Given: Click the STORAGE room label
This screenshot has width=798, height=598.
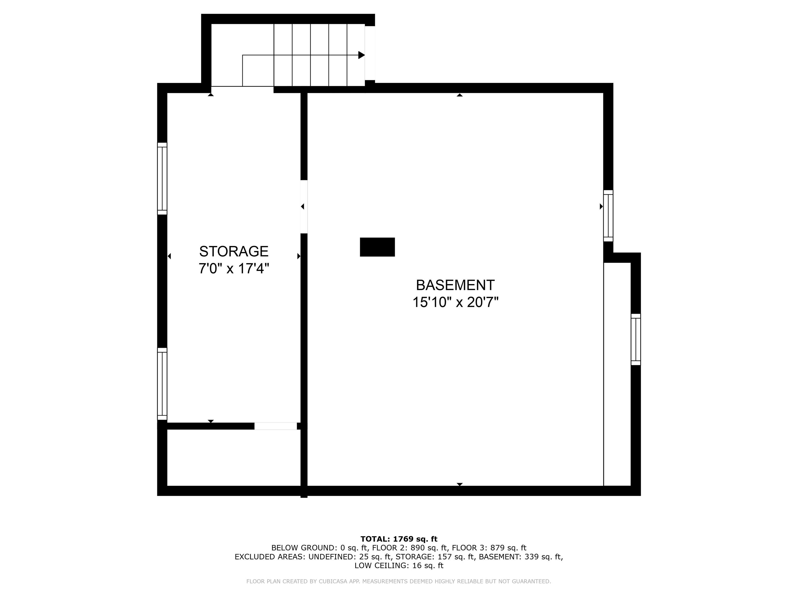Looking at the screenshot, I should [234, 251].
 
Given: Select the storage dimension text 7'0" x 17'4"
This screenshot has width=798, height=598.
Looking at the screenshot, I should [234, 269].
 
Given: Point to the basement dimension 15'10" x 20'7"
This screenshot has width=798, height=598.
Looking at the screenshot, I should [455, 302].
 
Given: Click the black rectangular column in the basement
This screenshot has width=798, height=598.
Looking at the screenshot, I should [377, 247].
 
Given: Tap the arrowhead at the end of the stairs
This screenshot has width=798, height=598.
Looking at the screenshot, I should [361, 55].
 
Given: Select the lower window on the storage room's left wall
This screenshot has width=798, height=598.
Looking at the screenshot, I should [162, 384].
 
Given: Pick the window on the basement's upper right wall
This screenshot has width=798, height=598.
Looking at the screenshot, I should [608, 215].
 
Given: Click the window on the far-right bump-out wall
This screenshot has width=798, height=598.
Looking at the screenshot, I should [636, 339].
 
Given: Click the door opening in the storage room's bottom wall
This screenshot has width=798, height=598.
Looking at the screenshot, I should [276, 426].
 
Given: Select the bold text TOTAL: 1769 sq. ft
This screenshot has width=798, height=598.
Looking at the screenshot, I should [399, 539].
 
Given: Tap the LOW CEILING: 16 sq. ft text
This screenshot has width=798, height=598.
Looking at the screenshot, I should [399, 566].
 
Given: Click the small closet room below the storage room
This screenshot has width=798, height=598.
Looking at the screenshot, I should [234, 458].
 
